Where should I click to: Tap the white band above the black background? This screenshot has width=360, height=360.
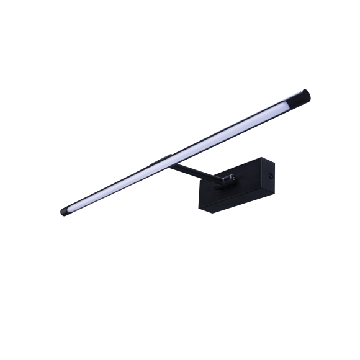pyautogui.click(x=180, y=28)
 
